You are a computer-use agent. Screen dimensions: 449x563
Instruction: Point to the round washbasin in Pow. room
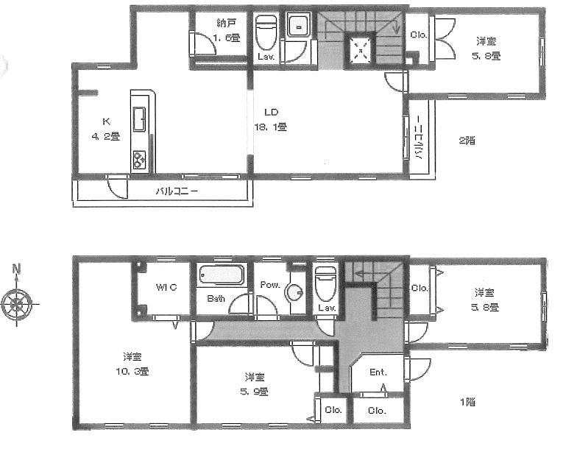(294, 292)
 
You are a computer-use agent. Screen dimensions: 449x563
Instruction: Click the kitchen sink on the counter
(140, 116)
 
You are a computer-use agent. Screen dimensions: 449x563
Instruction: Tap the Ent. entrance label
(378, 372)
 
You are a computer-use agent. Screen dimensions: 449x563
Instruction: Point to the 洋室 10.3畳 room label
(133, 364)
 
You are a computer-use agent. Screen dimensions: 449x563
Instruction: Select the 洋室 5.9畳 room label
(254, 383)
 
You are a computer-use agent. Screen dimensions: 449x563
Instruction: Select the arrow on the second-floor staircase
(396, 28)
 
